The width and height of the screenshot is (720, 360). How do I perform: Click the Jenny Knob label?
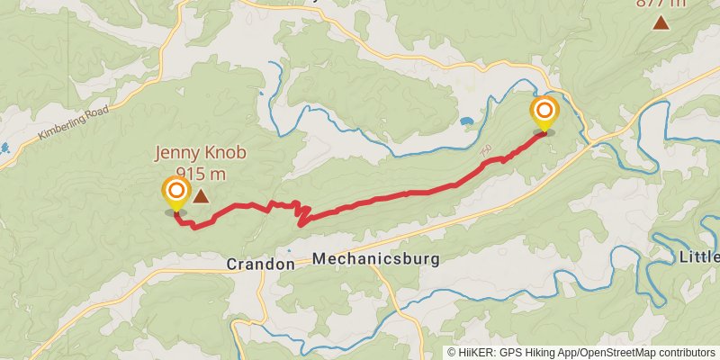pyautogui.click(x=201, y=154)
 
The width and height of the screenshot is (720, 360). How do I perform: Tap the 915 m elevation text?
pyautogui.click(x=201, y=173)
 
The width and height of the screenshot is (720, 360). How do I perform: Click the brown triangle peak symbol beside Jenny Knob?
pyautogui.click(x=202, y=195)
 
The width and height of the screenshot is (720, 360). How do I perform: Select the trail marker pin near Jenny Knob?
pyautogui.click(x=175, y=192)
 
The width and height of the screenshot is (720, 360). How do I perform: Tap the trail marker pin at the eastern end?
pyautogui.click(x=544, y=112)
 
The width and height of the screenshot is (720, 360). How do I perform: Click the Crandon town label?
pyautogui.click(x=260, y=265)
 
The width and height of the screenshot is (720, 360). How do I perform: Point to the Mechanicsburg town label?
pyautogui.click(x=376, y=259)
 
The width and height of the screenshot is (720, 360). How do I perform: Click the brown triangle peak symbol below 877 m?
pyautogui.click(x=661, y=23)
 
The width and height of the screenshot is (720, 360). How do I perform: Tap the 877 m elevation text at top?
pyautogui.click(x=661, y=3)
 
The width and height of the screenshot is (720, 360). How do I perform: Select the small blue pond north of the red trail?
pyautogui.click(x=466, y=121)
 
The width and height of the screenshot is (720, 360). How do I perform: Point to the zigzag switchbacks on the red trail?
pyautogui.click(x=302, y=214)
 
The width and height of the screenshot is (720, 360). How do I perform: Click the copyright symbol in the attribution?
pyautogui.click(x=452, y=353)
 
